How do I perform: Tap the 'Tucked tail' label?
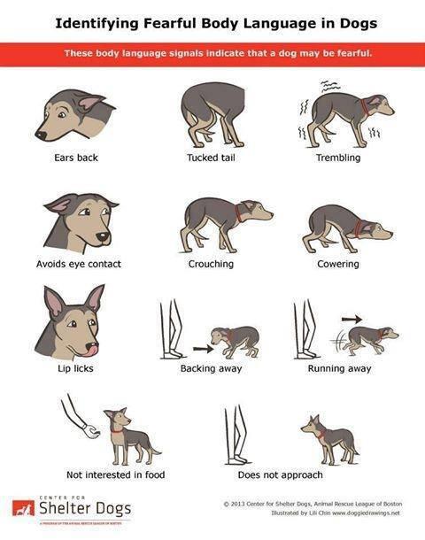(211, 158)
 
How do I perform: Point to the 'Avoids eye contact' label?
(78, 264)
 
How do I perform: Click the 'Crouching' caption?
(211, 264)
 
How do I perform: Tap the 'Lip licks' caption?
(74, 368)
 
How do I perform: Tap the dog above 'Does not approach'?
(329, 436)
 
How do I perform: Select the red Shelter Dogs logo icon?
(23, 508)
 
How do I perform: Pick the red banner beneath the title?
(212, 54)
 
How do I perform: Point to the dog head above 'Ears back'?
(76, 113)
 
